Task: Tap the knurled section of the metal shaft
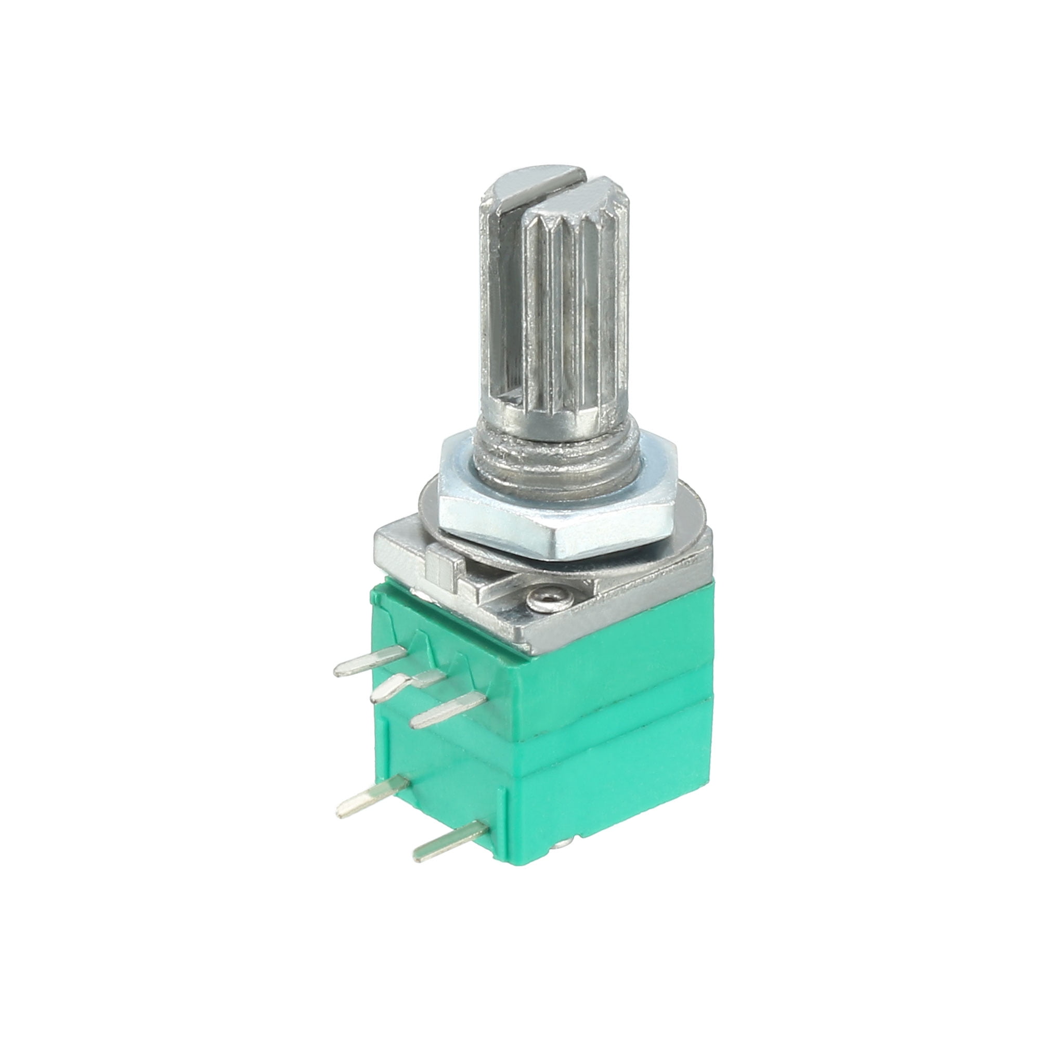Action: coord(570,302)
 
